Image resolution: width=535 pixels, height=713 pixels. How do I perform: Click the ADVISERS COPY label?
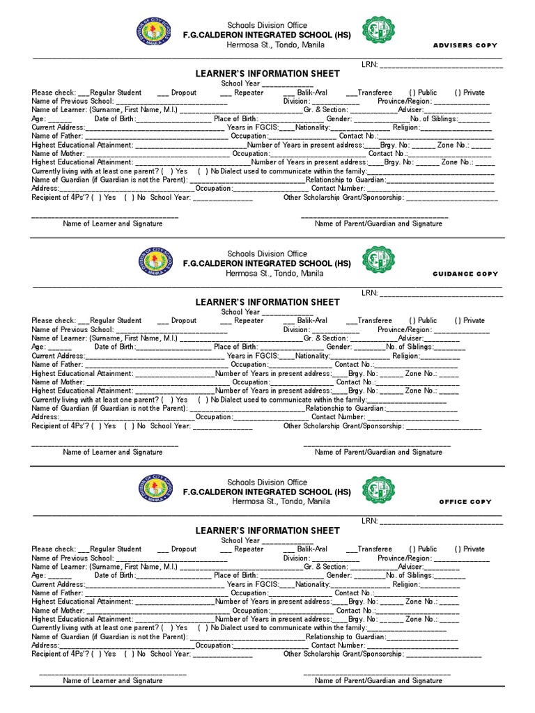[465, 45]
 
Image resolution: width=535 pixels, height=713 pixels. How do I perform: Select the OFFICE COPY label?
[465, 502]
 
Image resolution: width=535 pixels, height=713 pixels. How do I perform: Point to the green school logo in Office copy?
[378, 489]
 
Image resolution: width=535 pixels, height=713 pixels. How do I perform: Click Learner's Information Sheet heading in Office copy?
[267, 531]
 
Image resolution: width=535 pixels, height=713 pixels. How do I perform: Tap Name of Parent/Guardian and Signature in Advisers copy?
[378, 224]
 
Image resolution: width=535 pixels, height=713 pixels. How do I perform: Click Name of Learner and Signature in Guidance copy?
[113, 452]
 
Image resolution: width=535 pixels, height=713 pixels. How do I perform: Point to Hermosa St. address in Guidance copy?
[274, 274]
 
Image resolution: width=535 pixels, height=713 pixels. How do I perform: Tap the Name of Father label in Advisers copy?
[56, 136]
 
